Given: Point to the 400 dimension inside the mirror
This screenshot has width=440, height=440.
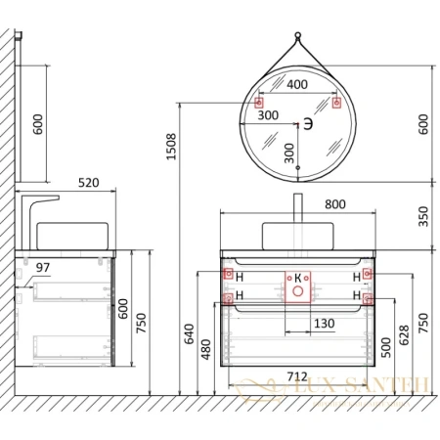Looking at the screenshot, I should pyautogui.click(x=297, y=85).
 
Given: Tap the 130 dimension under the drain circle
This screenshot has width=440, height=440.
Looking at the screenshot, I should pyautogui.click(x=296, y=324).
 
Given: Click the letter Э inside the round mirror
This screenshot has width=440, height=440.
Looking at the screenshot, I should pyautogui.click(x=307, y=123).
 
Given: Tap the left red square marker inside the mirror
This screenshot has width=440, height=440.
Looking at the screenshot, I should pyautogui.click(x=260, y=103).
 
